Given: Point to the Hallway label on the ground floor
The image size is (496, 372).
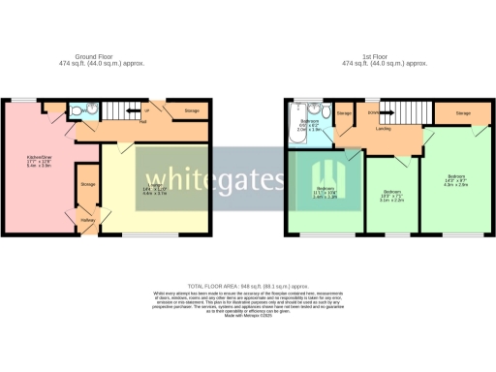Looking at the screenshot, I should coord(88,220).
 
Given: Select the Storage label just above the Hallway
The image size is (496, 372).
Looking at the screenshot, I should coord(88,183).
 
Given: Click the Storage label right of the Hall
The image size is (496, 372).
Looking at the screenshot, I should coord(191,111).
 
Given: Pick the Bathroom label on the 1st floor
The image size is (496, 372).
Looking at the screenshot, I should coord(310,121).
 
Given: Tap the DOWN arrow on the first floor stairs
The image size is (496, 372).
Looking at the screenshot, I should coord(373,111).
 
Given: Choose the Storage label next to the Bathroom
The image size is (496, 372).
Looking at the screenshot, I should coord(345,113).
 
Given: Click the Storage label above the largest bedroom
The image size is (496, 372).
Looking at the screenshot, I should coord(463,113).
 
